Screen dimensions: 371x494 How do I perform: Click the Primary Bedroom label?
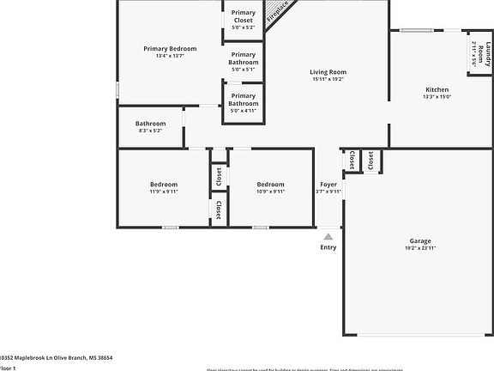tap(170, 49)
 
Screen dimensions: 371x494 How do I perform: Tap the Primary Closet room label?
tap(244, 15)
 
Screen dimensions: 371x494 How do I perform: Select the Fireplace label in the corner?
tap(277, 11)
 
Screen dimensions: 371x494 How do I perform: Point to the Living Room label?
tap(328, 72)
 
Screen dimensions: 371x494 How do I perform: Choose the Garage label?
tap(420, 241)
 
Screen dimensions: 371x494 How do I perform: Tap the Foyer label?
tap(328, 185)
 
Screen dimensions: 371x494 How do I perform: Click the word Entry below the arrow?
tap(328, 247)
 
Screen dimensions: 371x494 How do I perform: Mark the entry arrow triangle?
tap(328, 233)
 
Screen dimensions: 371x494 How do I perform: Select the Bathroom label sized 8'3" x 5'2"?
tap(150, 124)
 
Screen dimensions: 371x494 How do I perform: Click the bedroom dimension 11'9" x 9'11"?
tap(164, 192)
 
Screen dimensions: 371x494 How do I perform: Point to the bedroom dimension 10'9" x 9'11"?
tap(271, 192)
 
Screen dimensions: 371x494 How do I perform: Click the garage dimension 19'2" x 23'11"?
tap(420, 248)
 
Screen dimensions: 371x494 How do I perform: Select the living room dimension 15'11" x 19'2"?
tap(328, 79)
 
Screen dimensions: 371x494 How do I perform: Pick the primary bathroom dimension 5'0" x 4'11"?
tap(244, 111)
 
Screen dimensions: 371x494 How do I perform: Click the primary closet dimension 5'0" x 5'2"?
tap(244, 28)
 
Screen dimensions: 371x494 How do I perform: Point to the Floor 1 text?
tap(8, 368)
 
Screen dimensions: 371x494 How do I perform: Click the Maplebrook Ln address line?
tap(56, 357)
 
